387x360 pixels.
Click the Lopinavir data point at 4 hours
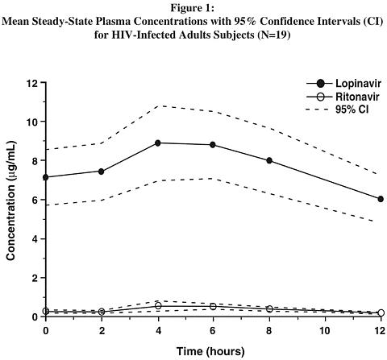[x=158, y=143]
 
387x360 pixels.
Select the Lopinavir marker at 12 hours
[x=381, y=199]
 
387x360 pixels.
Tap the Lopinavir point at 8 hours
[x=269, y=160]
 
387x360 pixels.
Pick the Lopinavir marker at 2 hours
[x=102, y=172]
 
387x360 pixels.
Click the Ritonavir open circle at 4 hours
[x=158, y=305]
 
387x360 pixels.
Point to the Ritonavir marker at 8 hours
[x=269, y=308]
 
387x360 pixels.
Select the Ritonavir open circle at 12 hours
[x=381, y=312]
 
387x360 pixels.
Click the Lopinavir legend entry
[x=343, y=84]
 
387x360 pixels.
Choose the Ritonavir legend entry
[x=343, y=97]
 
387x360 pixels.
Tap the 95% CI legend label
[x=352, y=110]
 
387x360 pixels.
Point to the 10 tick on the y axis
[x=32, y=122]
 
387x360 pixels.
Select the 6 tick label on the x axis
[x=213, y=330]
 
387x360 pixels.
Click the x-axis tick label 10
[x=325, y=330]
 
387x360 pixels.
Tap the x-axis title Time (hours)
[x=210, y=351]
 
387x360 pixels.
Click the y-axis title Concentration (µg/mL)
[x=11, y=200]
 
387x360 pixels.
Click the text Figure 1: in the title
[x=193, y=8]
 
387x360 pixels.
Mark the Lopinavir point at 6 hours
[x=213, y=145]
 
